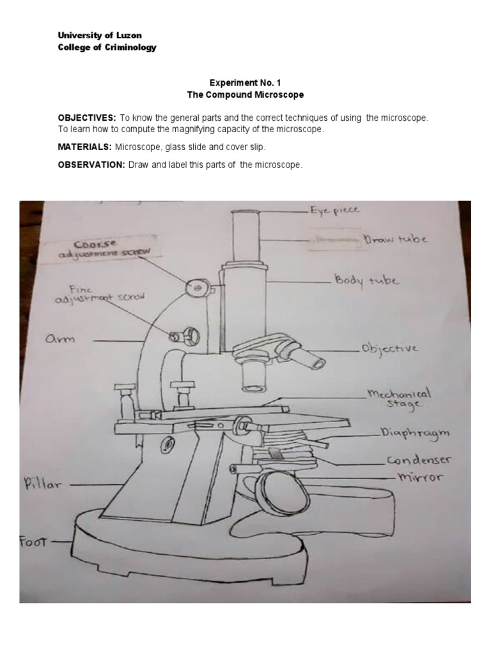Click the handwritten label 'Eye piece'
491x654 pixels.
click(x=334, y=209)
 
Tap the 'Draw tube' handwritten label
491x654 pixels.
click(x=395, y=239)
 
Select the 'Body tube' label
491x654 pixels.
click(x=366, y=280)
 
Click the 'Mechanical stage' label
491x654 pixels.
click(x=400, y=399)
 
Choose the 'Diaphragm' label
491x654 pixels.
click(x=414, y=434)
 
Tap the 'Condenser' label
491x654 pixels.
click(x=418, y=460)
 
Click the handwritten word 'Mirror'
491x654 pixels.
click(x=420, y=476)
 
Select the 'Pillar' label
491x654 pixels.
click(x=43, y=484)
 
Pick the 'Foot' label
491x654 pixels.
click(x=33, y=542)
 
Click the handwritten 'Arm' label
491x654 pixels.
click(x=60, y=338)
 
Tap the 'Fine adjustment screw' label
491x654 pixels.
click(x=99, y=294)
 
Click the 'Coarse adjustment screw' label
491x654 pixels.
click(x=104, y=249)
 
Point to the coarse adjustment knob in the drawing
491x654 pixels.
click(x=197, y=288)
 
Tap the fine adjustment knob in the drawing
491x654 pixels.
click(x=185, y=335)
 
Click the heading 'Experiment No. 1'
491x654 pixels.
click(x=245, y=82)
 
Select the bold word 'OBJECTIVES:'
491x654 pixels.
click(x=87, y=118)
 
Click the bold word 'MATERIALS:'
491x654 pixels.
click(x=85, y=147)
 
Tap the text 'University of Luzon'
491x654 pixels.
click(x=100, y=36)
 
